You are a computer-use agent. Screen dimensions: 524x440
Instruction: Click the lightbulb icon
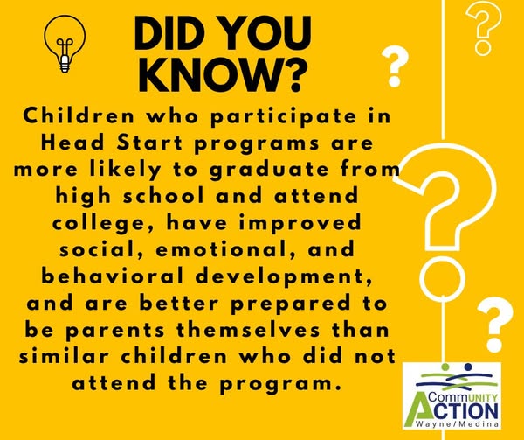point(65,44)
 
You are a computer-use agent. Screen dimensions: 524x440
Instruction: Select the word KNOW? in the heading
point(223,75)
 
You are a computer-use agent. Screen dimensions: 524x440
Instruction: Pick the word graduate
point(269,171)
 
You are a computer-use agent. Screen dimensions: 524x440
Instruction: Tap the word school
point(164,195)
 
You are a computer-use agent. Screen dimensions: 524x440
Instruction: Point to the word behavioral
point(113,276)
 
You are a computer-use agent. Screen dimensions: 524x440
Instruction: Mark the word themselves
point(248,330)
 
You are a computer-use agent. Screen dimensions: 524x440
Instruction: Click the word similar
point(64,356)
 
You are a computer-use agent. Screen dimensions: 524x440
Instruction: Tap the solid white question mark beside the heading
point(395,66)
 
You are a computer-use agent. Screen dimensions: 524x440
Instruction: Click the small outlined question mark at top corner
point(484,28)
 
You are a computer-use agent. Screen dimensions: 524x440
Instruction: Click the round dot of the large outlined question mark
point(443,276)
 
